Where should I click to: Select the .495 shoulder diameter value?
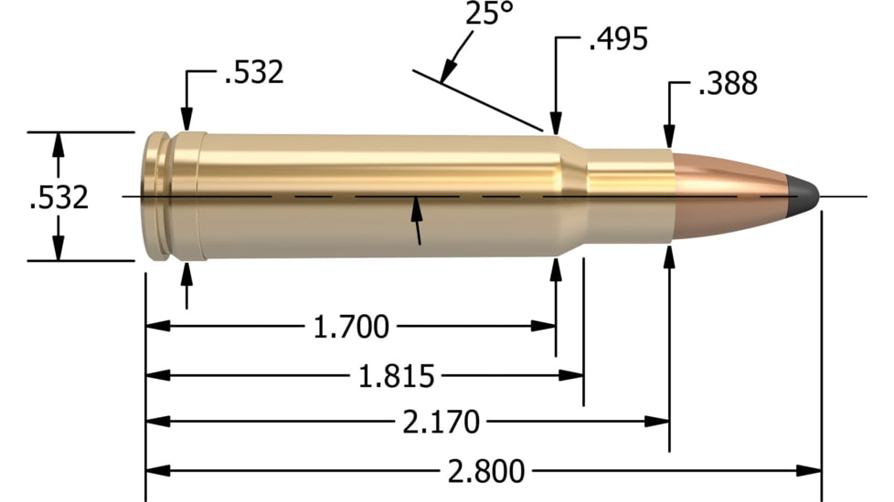tap(617, 39)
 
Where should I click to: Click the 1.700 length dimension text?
tap(351, 326)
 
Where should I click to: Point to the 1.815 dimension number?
tap(396, 375)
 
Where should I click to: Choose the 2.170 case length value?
tap(441, 423)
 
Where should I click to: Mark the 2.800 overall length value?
tap(486, 471)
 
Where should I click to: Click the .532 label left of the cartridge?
tap(59, 196)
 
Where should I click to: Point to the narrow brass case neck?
tap(626, 195)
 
